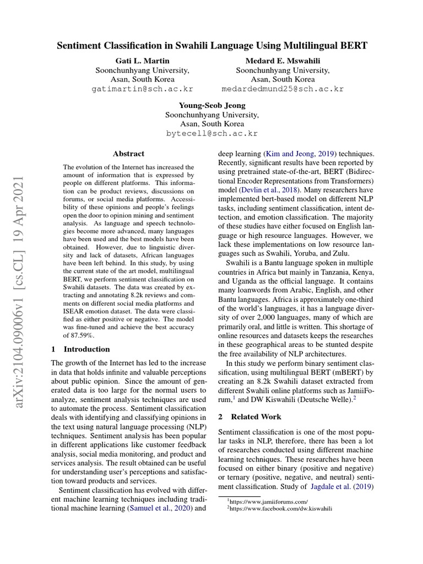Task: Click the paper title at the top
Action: click(211, 46)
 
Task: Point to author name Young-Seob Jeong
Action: click(211, 105)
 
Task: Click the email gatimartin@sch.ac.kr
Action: click(142, 89)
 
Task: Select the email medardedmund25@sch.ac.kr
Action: click(283, 89)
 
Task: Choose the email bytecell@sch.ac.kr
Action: click(211, 134)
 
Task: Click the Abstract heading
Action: click(128, 154)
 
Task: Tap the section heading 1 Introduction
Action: click(80, 349)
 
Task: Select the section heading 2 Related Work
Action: click(250, 417)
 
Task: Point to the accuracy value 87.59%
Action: click(78, 335)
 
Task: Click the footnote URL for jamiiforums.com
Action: click(269, 501)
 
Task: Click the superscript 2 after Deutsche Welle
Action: click(355, 396)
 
